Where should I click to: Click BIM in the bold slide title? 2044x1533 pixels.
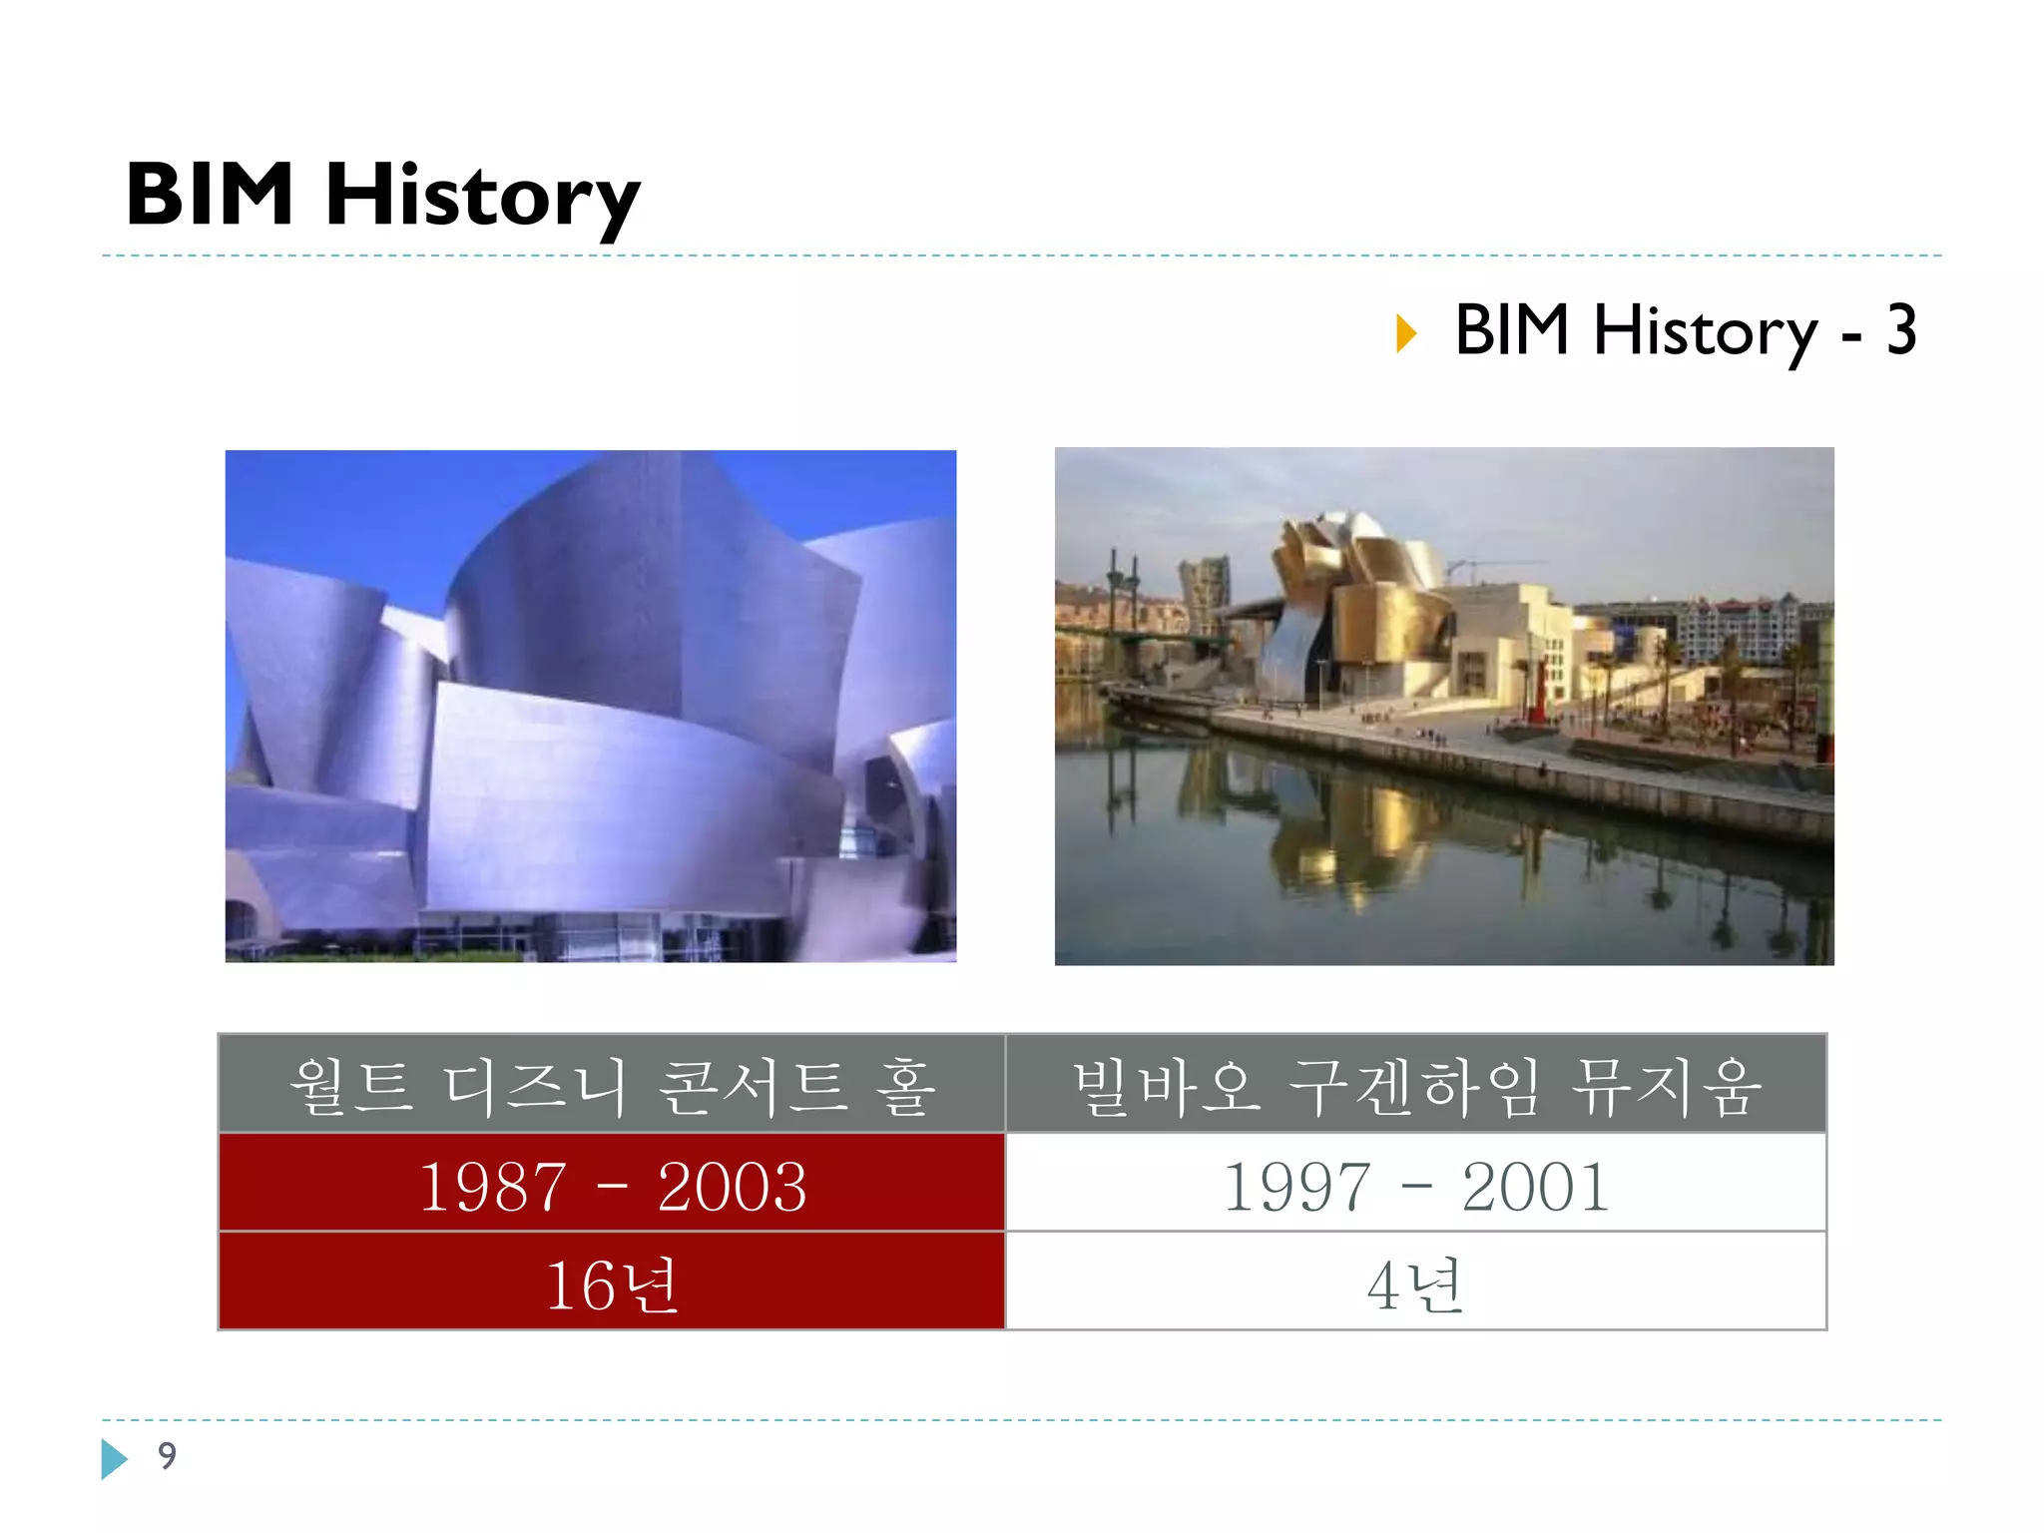point(210,195)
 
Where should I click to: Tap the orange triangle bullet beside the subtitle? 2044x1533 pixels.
point(1406,333)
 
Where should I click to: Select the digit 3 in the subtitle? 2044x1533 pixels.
point(1900,330)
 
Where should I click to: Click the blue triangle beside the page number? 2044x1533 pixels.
point(114,1459)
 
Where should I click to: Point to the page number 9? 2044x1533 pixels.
point(167,1456)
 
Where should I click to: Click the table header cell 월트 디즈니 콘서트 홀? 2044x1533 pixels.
point(612,1085)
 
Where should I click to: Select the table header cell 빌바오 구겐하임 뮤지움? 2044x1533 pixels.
point(1415,1085)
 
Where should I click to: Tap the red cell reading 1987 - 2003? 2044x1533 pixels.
point(612,1185)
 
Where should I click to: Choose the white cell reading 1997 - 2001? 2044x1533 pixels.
point(1415,1185)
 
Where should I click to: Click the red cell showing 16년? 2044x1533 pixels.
point(612,1283)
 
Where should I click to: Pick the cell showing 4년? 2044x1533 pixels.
point(1415,1283)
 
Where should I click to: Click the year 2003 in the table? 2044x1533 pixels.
point(732,1187)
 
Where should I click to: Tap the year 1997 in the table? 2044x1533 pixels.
point(1296,1187)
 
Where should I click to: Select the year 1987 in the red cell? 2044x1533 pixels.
point(492,1187)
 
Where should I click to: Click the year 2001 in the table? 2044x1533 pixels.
point(1536,1187)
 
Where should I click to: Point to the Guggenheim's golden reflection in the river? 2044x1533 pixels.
point(1337,838)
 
